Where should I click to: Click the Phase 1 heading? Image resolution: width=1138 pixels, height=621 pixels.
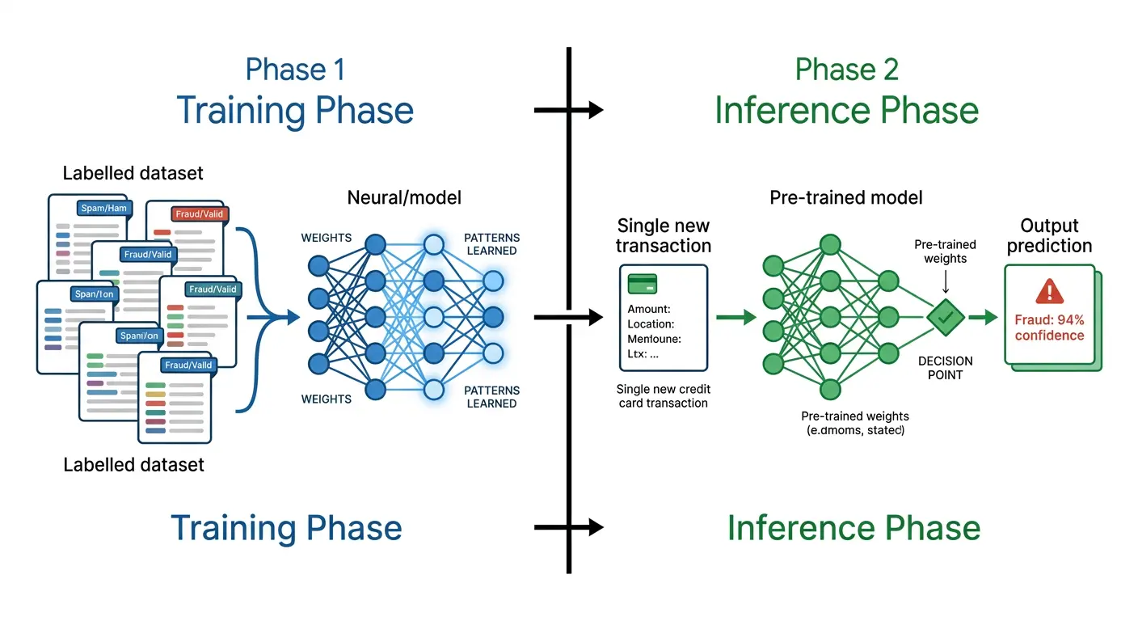295,70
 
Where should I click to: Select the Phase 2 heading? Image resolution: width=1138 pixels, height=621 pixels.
846,70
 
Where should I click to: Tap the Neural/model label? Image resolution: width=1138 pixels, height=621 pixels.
404,197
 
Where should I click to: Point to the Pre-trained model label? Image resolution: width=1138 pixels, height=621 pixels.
845,197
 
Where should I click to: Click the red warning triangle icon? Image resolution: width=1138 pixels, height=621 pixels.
1049,291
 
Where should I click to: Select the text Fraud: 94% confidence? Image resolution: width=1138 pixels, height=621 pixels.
1049,327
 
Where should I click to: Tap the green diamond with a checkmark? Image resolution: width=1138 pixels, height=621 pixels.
945,317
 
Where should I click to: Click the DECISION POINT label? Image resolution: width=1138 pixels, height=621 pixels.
945,368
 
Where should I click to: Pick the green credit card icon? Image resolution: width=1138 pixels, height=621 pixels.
643,283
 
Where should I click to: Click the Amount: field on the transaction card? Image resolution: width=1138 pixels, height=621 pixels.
649,309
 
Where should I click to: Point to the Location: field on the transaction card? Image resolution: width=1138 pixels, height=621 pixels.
651,324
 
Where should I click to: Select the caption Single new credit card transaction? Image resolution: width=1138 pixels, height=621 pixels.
662,396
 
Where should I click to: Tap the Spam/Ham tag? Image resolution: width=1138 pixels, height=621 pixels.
103,209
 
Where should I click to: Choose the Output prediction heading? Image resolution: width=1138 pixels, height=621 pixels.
1049,235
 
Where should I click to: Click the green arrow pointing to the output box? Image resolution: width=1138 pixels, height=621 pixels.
983,318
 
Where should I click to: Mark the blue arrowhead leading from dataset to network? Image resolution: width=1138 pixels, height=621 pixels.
293,318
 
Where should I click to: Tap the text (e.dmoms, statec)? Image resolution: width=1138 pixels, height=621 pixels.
855,431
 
